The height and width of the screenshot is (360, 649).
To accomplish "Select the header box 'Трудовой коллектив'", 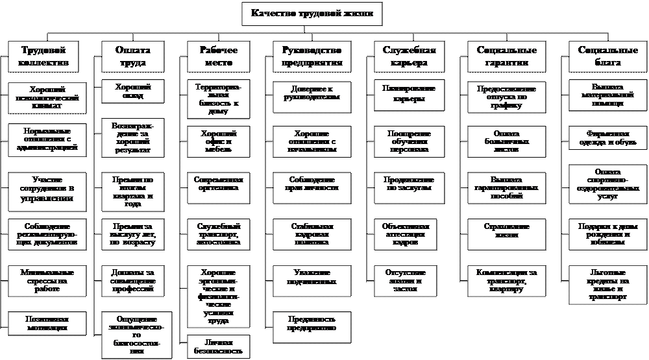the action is [45, 56].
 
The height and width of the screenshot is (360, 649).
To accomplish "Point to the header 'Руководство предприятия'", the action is [312, 56].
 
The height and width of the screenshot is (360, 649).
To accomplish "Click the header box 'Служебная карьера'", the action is [409, 56].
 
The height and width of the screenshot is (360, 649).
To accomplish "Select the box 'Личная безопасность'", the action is [218, 345].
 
